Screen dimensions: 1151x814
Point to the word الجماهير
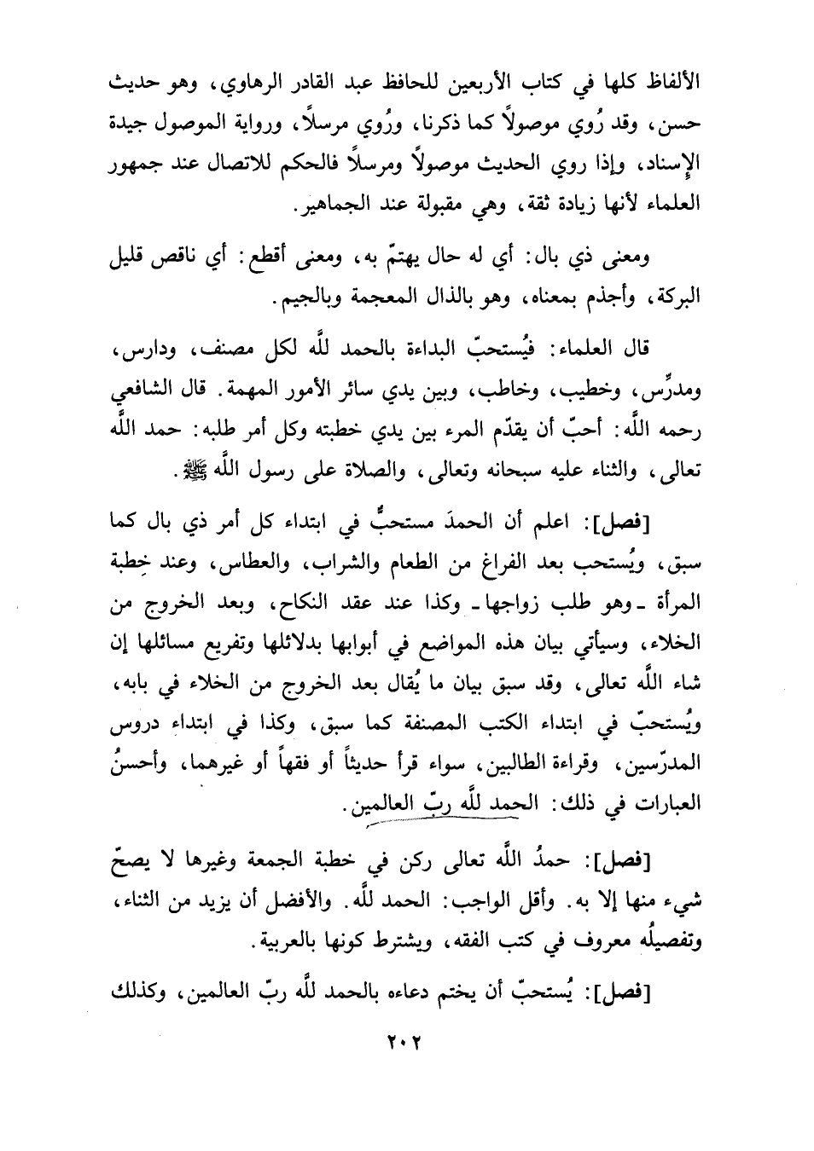pos(326,204)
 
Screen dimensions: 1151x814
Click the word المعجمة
pos(392,300)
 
